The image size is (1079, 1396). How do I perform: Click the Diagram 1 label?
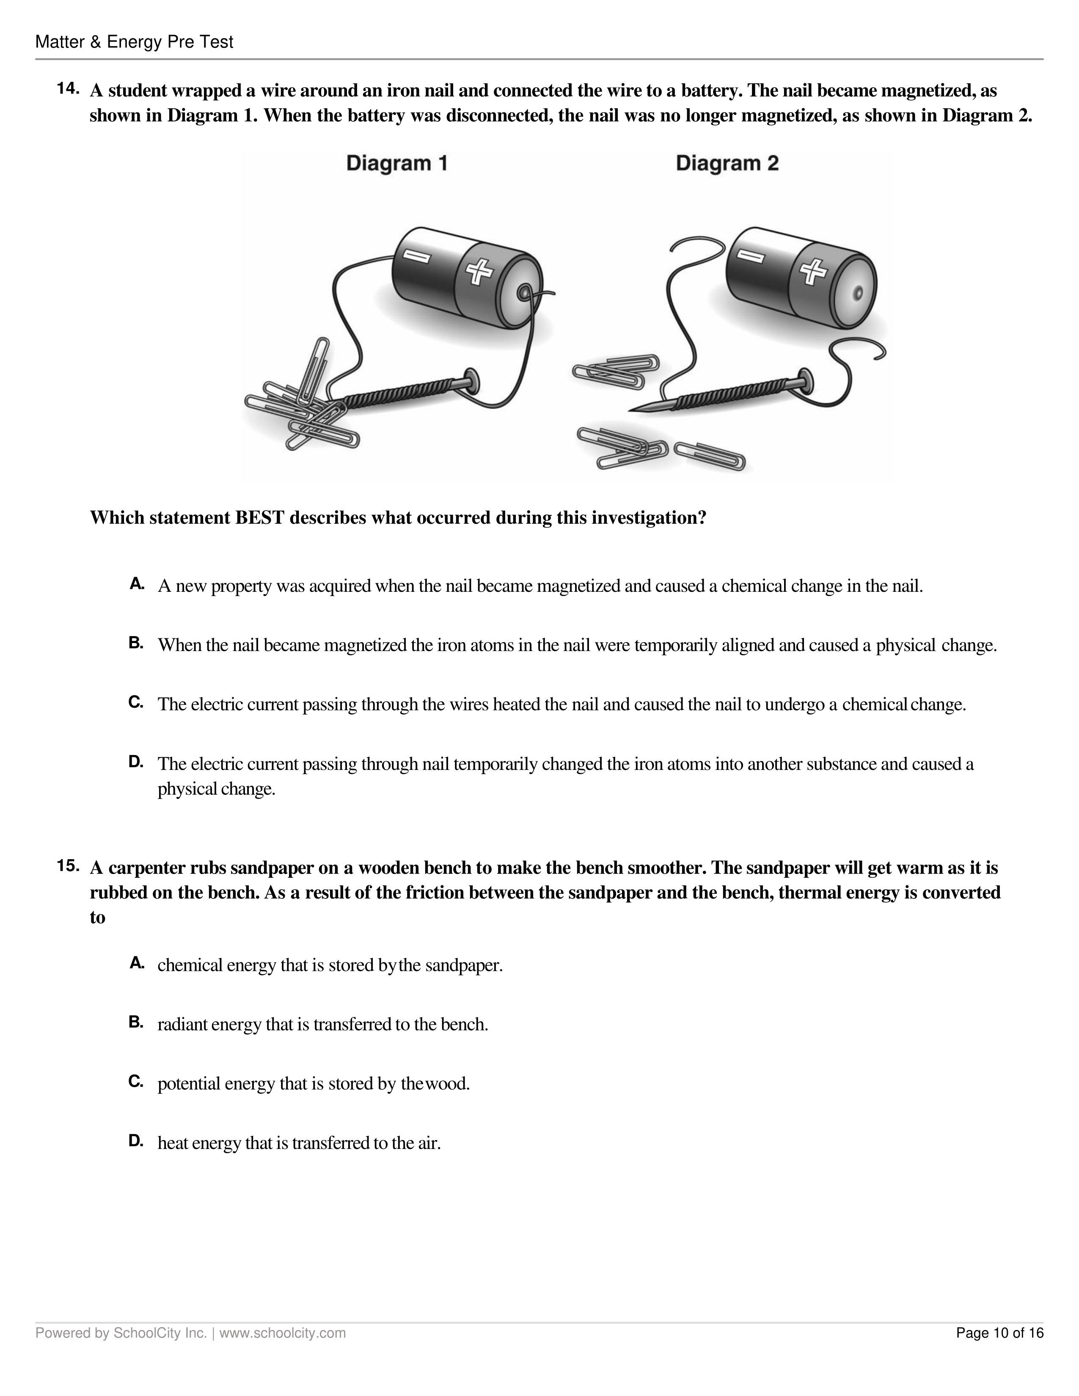tap(396, 164)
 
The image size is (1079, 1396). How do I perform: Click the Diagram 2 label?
tap(727, 164)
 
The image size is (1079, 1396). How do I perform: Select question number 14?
tap(68, 89)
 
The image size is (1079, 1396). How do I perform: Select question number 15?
tap(68, 866)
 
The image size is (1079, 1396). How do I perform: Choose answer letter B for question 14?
tap(136, 643)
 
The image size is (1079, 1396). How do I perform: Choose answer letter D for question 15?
tap(136, 1140)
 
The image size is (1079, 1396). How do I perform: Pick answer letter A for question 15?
tap(136, 963)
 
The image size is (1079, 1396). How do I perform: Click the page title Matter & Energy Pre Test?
tap(134, 42)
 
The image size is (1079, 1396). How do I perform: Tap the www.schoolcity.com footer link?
tap(283, 1333)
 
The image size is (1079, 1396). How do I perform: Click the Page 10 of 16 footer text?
tap(999, 1333)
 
